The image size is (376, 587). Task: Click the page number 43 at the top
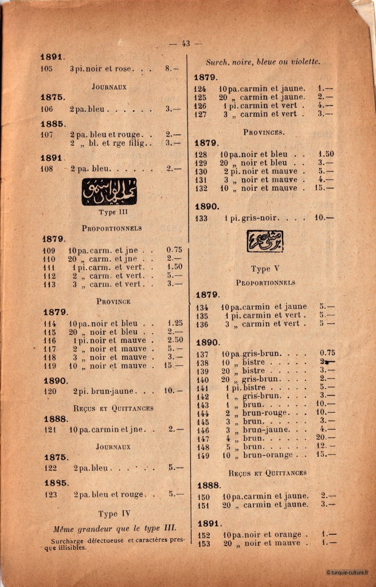coord(185,44)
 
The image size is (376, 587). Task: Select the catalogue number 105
coord(46,69)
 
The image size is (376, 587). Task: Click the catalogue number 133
coord(201,218)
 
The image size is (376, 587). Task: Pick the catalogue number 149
coord(203,455)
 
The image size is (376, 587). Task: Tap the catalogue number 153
coord(203,543)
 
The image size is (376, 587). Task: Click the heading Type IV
coord(115,514)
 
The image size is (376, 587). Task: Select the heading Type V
coord(264,269)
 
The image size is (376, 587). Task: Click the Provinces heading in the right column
coord(264,132)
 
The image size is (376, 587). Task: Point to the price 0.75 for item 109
coord(174,250)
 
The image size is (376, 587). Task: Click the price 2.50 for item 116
coord(175,340)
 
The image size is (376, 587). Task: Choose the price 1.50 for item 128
coord(326,154)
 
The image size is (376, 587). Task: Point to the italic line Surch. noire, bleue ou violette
coord(263,62)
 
